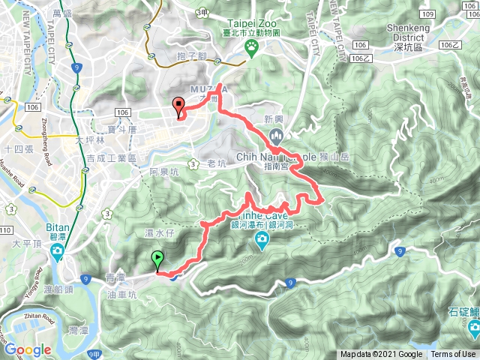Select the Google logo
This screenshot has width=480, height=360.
coord(27,349)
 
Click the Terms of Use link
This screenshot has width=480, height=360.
coord(453,355)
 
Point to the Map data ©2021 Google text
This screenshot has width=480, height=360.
coord(381,355)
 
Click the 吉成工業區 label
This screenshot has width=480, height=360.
coord(111,159)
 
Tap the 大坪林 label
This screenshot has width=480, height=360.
coord(91,140)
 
